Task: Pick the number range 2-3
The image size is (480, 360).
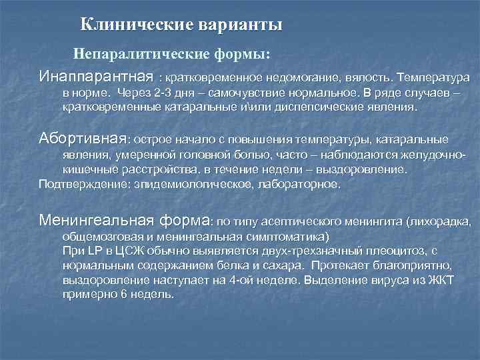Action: [163, 93]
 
